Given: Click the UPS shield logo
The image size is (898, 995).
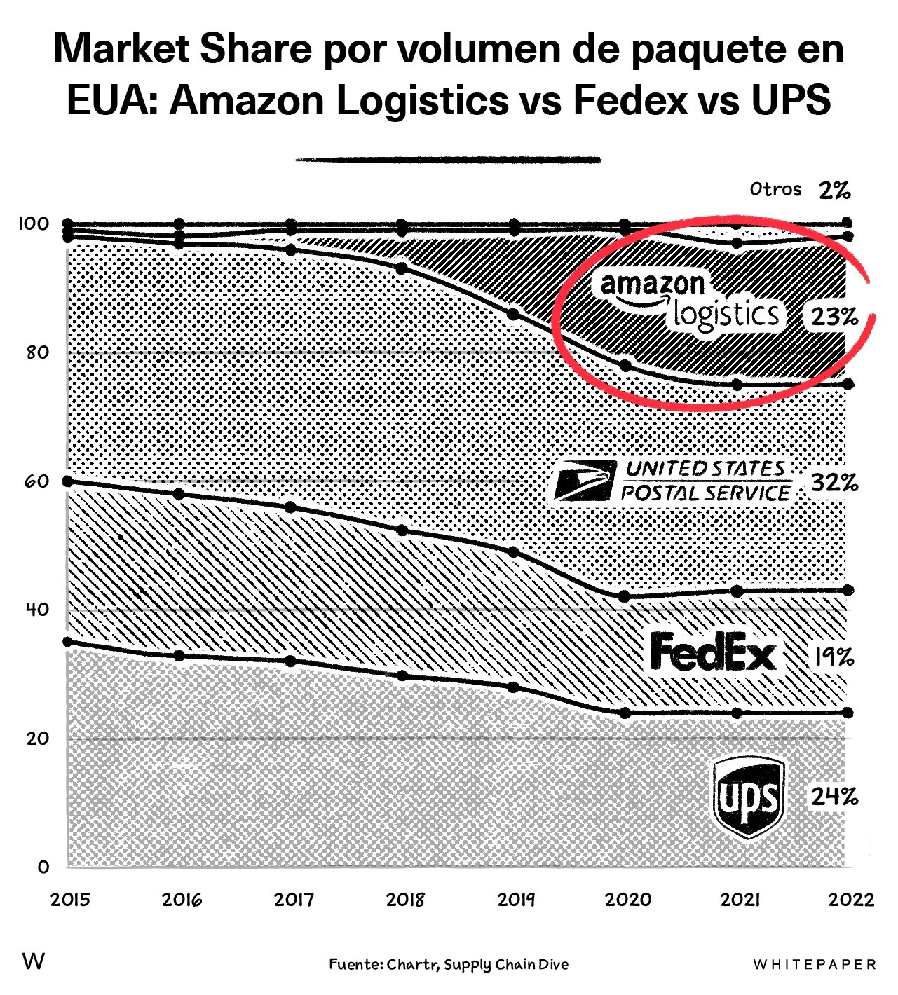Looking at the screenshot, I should (747, 797).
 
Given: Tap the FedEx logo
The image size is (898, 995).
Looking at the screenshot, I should (713, 651).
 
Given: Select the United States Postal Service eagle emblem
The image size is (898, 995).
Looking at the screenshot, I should (584, 482).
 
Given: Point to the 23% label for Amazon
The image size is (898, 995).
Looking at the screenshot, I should (834, 317).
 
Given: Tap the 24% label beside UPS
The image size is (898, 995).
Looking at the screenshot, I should (834, 797).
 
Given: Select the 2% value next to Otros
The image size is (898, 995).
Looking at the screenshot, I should (834, 190).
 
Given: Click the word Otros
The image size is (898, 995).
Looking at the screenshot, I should (775, 189).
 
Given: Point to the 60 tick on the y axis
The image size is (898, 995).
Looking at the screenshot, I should (36, 481).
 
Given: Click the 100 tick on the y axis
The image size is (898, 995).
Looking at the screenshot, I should (34, 224).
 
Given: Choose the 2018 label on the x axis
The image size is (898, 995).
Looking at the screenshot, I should (405, 899).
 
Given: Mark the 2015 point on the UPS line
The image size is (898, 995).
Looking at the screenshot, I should (68, 642).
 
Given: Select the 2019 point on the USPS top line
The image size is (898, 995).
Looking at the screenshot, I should (514, 314).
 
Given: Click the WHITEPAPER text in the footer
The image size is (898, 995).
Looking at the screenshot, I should (815, 965).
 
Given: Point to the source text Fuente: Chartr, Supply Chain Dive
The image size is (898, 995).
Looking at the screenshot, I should (449, 965).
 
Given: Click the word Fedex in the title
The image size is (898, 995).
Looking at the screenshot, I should (630, 100).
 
